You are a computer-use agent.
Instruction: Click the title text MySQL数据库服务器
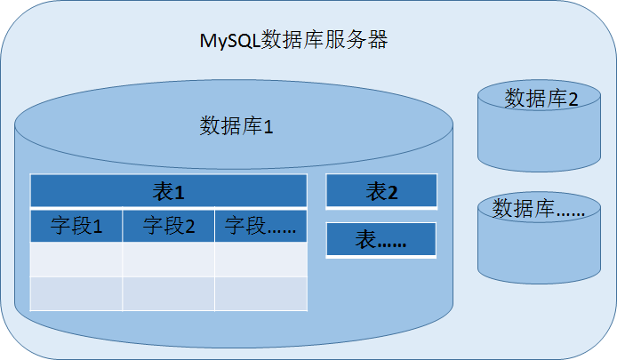pos(292,40)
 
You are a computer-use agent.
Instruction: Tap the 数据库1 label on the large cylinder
pos(236,125)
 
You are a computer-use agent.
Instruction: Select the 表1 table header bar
pos(168,191)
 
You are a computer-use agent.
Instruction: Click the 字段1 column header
pos(76,226)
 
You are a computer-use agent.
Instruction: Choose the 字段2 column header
pos(169,226)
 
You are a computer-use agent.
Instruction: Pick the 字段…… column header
pos(260,226)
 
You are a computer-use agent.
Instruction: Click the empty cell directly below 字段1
pos(76,259)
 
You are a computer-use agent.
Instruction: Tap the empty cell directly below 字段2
pos(169,259)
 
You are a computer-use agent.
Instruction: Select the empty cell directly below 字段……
pos(260,259)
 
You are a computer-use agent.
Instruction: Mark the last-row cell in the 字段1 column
pos(76,293)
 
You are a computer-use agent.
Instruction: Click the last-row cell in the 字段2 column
pos(169,293)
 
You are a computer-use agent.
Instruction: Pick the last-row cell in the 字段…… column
pos(260,293)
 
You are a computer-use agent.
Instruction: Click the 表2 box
pos(381,191)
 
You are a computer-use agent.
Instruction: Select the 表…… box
pos(381,240)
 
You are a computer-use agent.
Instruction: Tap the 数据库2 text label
pos(541,98)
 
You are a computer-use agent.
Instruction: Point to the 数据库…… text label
pos(540,209)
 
